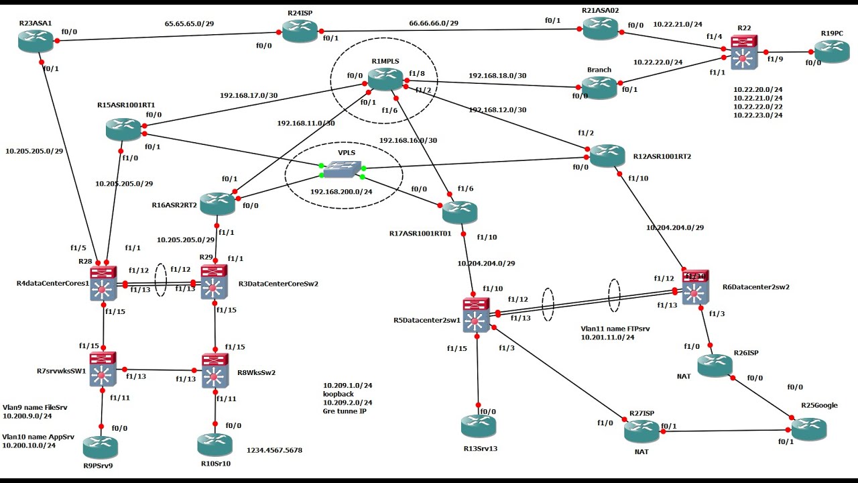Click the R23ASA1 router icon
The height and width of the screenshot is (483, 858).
click(x=36, y=40)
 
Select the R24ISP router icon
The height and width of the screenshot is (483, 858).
click(x=299, y=30)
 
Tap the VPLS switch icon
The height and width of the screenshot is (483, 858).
click(x=341, y=170)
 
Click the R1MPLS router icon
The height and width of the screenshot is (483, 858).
click(x=385, y=79)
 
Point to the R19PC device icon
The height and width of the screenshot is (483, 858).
click(x=832, y=52)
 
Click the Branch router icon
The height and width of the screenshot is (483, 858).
click(x=599, y=87)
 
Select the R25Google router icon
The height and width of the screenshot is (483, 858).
click(x=808, y=429)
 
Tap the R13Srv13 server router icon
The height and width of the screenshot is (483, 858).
click(x=478, y=425)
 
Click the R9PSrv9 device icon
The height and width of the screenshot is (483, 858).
click(x=101, y=447)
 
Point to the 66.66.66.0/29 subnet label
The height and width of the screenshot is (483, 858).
click(x=434, y=23)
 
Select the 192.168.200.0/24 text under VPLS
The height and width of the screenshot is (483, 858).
click(x=342, y=191)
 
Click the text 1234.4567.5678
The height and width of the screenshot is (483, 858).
click(x=274, y=450)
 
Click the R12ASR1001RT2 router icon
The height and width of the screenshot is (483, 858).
click(x=607, y=156)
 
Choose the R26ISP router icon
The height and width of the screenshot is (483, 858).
click(x=715, y=366)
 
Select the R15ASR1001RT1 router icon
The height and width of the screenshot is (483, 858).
click(x=123, y=129)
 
